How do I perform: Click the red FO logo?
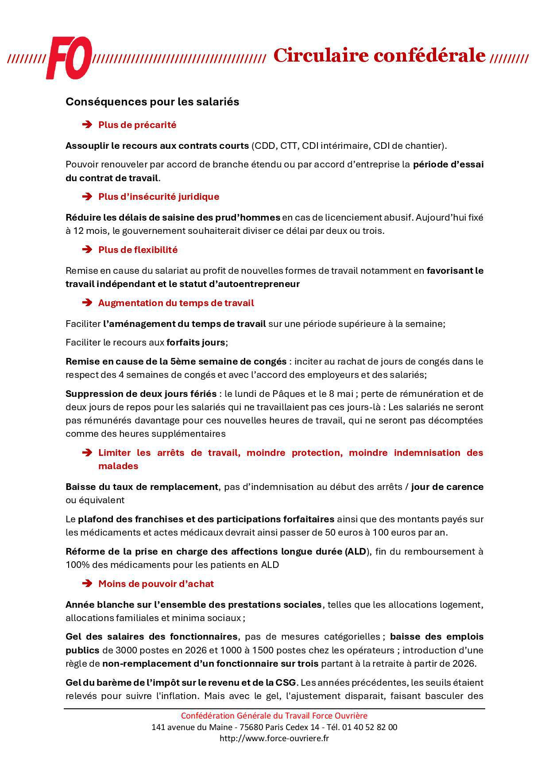(69, 58)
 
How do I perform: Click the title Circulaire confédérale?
(379, 56)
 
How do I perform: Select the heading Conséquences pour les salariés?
(152, 102)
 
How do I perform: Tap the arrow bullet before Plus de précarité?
(87, 125)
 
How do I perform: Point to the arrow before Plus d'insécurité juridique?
(87, 197)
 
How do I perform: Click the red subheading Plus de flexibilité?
(138, 250)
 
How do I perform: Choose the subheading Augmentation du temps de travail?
(176, 303)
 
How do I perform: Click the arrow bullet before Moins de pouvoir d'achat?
(87, 584)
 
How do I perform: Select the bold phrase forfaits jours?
(195, 342)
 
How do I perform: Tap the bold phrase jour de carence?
(447, 487)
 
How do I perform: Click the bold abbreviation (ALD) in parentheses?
(357, 552)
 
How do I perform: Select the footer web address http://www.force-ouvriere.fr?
(274, 738)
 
